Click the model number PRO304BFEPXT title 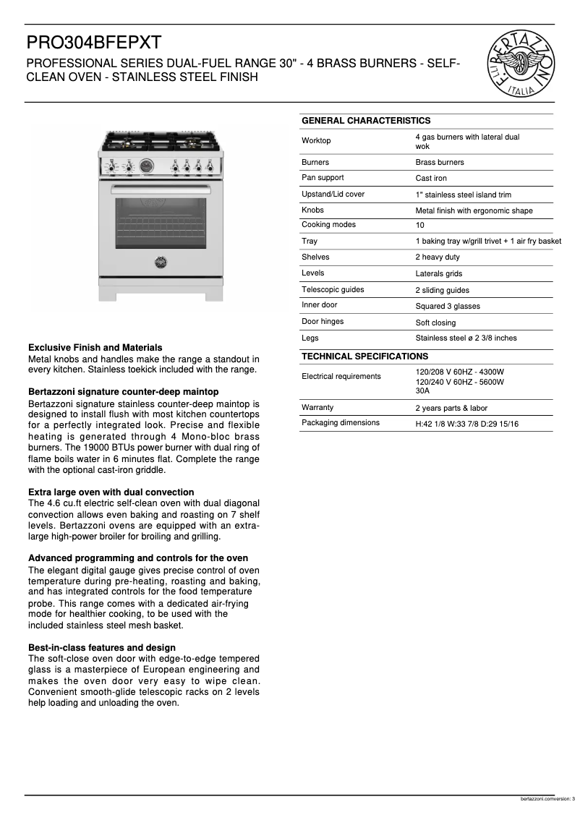(94, 42)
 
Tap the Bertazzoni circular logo (521, 64)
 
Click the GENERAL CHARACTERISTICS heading (365, 121)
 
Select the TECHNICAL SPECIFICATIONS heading (364, 356)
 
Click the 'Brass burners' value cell (440, 163)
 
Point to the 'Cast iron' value (431, 179)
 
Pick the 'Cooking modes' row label (328, 225)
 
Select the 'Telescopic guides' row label (333, 290)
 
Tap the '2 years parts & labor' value (451, 408)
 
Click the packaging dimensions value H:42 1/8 (466, 424)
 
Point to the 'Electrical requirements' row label (341, 377)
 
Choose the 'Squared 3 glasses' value (447, 307)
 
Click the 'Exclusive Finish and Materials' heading (95, 348)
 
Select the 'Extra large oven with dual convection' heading (111, 492)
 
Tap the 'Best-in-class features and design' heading (101, 648)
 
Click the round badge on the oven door (160, 262)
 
